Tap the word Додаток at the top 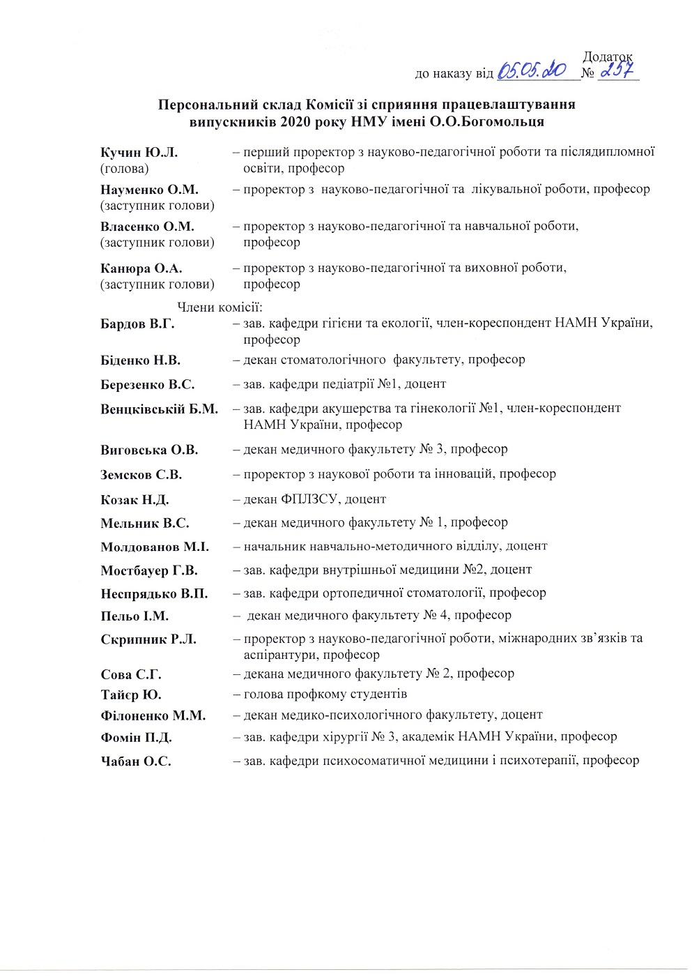click(607, 57)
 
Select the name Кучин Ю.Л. click(139, 152)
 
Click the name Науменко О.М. click(149, 190)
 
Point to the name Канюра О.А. click(141, 268)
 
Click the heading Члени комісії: click(220, 308)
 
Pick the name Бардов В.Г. click(137, 324)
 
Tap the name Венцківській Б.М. click(159, 409)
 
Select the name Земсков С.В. click(141, 475)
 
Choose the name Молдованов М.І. click(154, 547)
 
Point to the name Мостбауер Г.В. click(148, 570)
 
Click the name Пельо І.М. click(134, 616)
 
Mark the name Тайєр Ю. click(130, 695)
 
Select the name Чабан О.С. click(135, 761)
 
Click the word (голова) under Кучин click(124, 168)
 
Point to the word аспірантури click(281, 655)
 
